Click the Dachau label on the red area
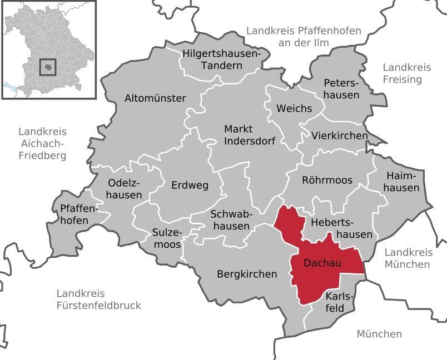[x=322, y=263]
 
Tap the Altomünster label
[x=155, y=98]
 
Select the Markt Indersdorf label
[x=250, y=134]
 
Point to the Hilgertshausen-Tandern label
[x=221, y=59]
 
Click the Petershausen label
[x=341, y=88]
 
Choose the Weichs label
[x=294, y=108]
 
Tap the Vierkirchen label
[x=340, y=136]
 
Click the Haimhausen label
[x=402, y=182]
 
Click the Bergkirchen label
[x=247, y=274]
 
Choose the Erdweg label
[x=190, y=185]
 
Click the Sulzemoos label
[x=166, y=239]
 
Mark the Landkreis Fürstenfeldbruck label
[x=99, y=299]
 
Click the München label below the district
[x=379, y=334]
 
